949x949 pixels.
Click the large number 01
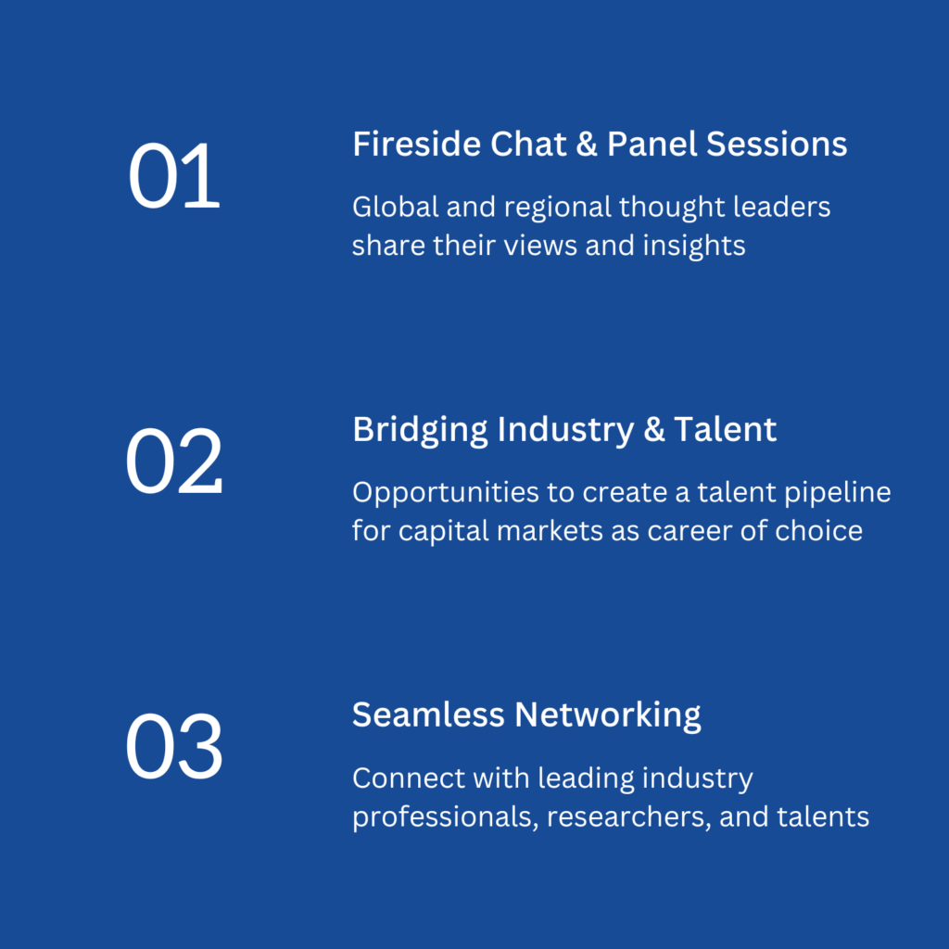click(x=174, y=175)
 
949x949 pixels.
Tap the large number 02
click(x=174, y=462)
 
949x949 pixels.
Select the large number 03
click(x=174, y=746)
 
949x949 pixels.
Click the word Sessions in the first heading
click(x=777, y=144)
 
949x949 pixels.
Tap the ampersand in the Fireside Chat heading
click(x=587, y=144)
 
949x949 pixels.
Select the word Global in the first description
click(x=395, y=207)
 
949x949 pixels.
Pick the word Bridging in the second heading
click(x=420, y=430)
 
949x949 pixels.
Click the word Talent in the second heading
click(x=725, y=430)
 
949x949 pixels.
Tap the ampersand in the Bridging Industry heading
click(x=653, y=430)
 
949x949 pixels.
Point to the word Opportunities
click(x=446, y=493)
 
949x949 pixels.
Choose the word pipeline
click(x=838, y=493)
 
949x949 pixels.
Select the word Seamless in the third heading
click(x=428, y=715)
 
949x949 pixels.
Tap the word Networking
click(x=608, y=716)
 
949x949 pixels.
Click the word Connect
click(x=409, y=778)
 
